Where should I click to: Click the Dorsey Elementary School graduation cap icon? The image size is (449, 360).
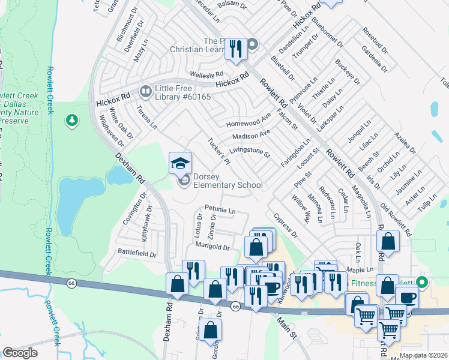180,163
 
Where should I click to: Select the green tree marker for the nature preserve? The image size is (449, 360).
73,121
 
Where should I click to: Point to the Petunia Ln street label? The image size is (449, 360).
220,211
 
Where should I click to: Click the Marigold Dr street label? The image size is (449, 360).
212,247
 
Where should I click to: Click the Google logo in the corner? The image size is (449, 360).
20,353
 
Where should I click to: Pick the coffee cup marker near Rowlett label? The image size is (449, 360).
408,297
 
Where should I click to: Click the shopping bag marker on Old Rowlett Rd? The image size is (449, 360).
388,241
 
